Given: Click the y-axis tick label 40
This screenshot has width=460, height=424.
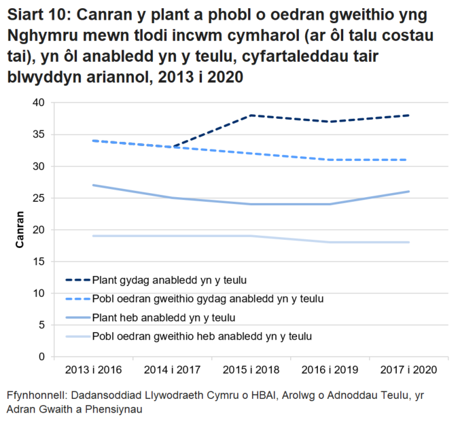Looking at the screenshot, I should coord(38,103).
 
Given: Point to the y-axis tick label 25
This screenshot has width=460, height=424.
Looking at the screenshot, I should coord(38,198).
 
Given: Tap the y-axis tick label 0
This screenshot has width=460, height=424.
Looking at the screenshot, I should coord(41,357).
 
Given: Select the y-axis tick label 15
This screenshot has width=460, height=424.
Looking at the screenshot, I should coord(38,262).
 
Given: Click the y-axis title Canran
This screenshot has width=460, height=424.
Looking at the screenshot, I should coord(20,230).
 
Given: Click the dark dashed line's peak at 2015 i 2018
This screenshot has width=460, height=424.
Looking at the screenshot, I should coord(251,116).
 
